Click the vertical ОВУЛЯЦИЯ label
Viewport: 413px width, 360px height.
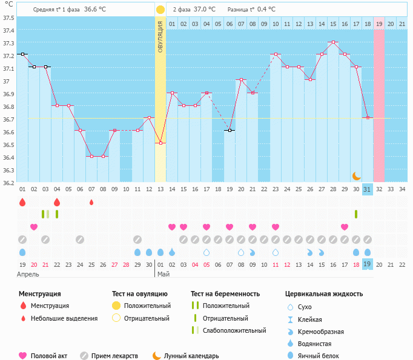tap(160, 36)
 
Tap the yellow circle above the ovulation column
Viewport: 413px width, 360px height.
tap(160, 10)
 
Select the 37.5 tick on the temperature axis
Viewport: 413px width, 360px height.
tap(8, 18)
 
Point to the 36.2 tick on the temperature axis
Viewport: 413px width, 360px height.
tap(8, 183)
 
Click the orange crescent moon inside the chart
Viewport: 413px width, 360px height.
tap(357, 175)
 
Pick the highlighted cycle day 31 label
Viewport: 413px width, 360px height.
tap(368, 189)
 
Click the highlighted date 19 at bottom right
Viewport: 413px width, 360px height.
tap(368, 264)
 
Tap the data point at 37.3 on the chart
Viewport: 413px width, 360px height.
tap(333, 42)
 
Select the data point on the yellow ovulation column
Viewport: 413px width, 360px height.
tap(160, 143)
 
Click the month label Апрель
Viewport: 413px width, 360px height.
tap(28, 274)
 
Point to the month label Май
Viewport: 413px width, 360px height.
tap(163, 274)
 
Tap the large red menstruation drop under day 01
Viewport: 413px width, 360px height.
tap(22, 202)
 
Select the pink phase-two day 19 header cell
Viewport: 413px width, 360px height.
tap(379, 24)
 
